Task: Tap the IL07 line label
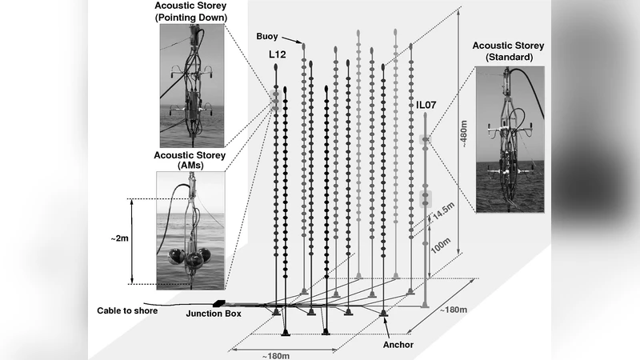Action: click(426, 105)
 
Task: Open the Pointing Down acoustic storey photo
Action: click(192, 86)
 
